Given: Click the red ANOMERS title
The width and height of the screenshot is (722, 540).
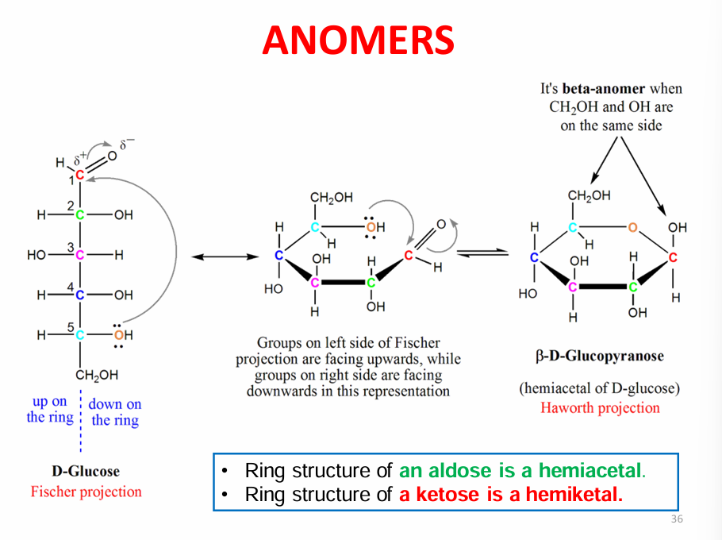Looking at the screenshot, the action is (359, 40).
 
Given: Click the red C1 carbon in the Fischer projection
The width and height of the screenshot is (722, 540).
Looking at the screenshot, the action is (79, 175).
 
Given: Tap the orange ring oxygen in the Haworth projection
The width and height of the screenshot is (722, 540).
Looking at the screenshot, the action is (632, 227).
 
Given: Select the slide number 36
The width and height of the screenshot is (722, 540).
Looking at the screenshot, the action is (677, 519).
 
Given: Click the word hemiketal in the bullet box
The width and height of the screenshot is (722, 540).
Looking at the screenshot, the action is (574, 495).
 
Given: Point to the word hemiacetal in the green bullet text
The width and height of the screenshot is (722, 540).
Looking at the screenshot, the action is (592, 470).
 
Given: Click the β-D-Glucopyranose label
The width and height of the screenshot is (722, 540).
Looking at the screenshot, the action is (600, 356).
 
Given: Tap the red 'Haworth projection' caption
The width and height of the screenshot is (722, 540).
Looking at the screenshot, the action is (600, 407).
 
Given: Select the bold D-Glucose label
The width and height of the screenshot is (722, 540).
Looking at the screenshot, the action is (86, 471).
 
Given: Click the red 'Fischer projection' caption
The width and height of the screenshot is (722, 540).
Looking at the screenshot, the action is (86, 492).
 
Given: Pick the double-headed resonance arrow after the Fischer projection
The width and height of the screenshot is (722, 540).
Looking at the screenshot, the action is (225, 256).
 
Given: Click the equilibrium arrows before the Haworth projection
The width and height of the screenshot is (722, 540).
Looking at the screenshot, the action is (482, 253).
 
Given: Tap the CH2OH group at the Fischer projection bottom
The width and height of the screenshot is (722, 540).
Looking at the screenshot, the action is (97, 375).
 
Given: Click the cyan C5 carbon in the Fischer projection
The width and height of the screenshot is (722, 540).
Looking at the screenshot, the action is (79, 335).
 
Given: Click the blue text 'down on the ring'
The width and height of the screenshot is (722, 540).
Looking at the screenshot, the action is (115, 412).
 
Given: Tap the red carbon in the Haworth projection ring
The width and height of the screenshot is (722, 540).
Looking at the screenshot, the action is (673, 257).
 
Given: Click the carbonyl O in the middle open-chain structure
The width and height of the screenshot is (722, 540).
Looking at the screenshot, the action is (441, 225).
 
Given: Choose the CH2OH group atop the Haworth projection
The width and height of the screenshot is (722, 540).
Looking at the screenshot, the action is (589, 196).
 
